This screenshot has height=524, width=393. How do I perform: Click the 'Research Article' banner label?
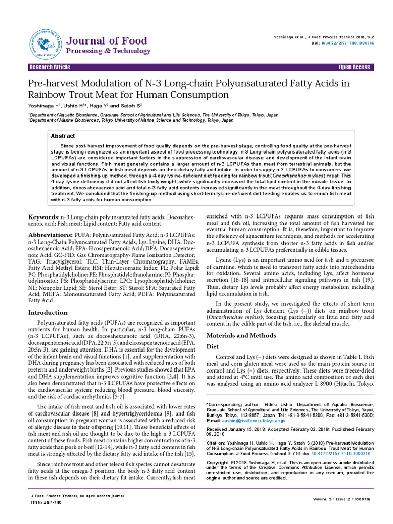click(x=50, y=68)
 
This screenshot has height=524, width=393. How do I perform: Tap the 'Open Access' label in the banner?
click(x=354, y=68)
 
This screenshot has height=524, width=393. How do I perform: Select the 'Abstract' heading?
click(x=64, y=136)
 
